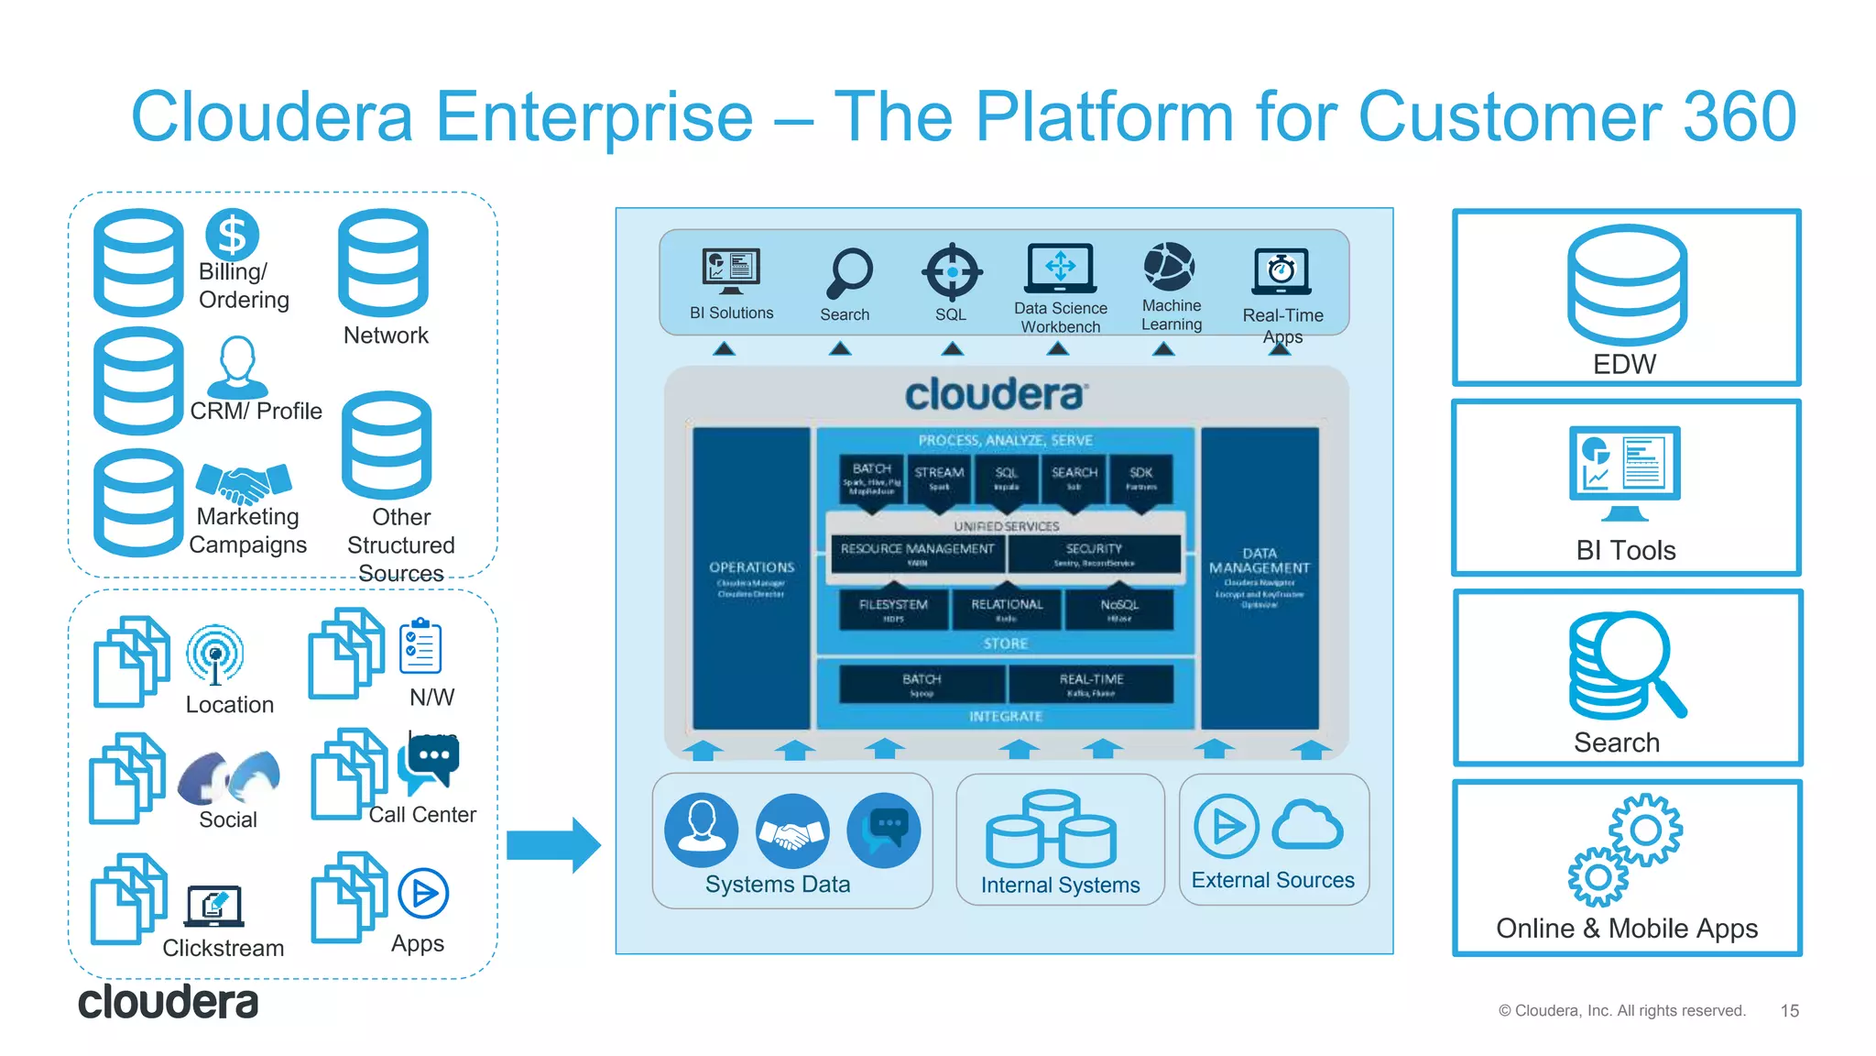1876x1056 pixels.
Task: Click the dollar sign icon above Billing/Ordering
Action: click(x=232, y=235)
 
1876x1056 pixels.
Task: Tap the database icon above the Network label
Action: click(x=383, y=263)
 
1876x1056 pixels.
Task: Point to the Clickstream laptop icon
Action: click(x=214, y=907)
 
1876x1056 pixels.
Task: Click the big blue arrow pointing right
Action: click(x=553, y=844)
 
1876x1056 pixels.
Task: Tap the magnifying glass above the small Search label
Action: click(x=849, y=273)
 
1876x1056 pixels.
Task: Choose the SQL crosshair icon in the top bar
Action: click(x=952, y=271)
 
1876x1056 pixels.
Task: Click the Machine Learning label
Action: click(x=1172, y=314)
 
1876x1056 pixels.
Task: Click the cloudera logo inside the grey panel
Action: click(x=997, y=395)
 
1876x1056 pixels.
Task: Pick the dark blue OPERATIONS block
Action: click(x=751, y=577)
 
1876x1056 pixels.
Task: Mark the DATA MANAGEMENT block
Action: click(x=1260, y=577)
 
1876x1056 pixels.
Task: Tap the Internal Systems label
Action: click(x=1060, y=885)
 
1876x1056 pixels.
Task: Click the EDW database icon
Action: click(x=1627, y=284)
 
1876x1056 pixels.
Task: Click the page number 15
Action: click(x=1789, y=1010)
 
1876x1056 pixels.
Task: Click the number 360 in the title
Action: click(x=1739, y=116)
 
